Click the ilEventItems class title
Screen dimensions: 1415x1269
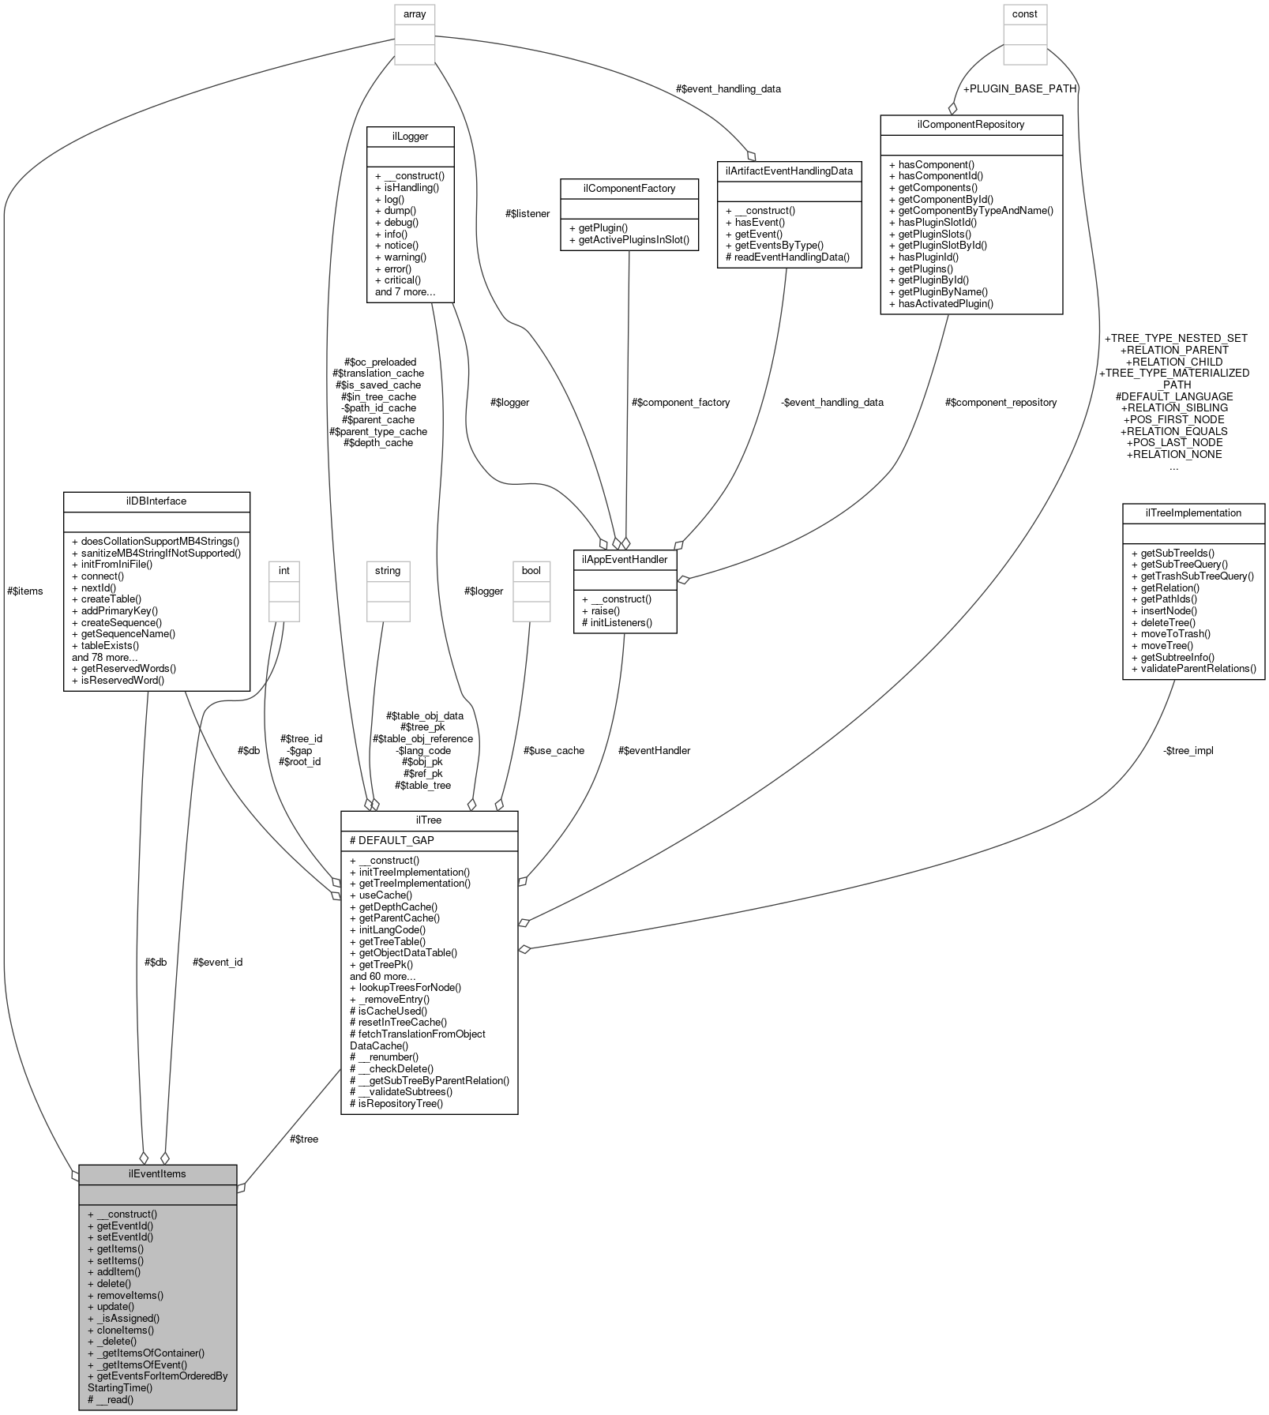tap(157, 1173)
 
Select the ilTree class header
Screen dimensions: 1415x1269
tap(429, 820)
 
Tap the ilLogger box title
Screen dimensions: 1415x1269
tap(410, 136)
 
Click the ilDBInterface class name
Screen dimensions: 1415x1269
tap(156, 501)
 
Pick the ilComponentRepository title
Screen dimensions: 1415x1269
tap(971, 124)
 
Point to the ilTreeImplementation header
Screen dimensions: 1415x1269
tap(1193, 512)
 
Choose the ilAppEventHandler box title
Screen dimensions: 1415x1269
tap(625, 559)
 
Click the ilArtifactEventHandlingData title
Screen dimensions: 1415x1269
tap(789, 170)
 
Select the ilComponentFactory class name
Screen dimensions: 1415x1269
tap(629, 188)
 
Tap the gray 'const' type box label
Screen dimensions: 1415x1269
tap(1025, 13)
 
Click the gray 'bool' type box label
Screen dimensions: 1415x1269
tap(531, 570)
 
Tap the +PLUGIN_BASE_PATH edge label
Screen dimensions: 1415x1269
tap(1019, 88)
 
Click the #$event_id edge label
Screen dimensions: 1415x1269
tap(217, 962)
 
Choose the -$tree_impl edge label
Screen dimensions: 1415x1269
tap(1188, 750)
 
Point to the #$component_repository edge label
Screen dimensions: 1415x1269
tap(1001, 402)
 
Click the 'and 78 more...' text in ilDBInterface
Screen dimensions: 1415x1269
tap(105, 657)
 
